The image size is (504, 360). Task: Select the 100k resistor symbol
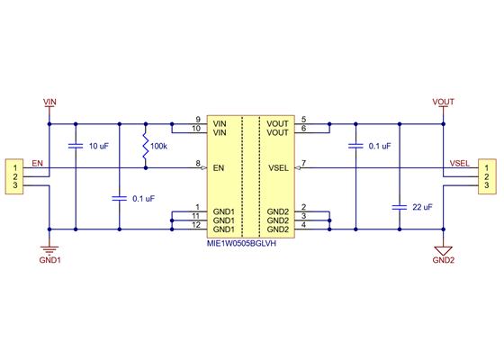144,145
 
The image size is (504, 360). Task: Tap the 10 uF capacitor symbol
75,145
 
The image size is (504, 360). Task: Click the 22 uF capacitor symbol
399,206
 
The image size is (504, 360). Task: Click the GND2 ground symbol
443,248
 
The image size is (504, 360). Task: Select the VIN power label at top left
49,103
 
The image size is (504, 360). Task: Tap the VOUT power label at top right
443,103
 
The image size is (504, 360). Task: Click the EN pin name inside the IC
219,167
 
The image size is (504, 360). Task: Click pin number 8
197,163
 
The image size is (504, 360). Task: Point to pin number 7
303,163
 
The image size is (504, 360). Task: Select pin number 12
195,225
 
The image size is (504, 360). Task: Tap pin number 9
197,119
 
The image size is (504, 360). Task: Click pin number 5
303,119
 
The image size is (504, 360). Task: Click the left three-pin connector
14,175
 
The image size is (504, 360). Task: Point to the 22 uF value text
421,207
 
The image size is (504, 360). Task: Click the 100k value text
158,145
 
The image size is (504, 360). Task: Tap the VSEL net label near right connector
460,163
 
